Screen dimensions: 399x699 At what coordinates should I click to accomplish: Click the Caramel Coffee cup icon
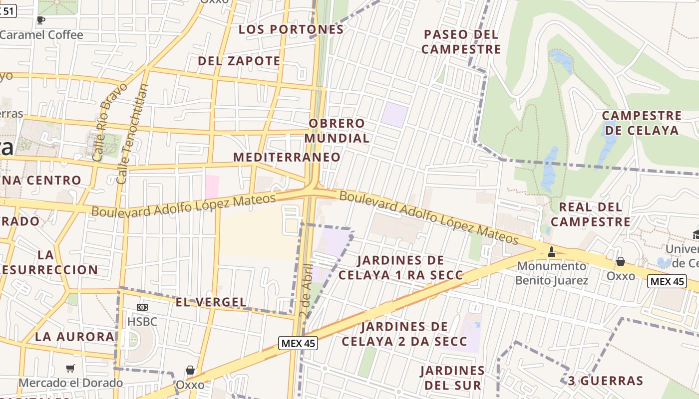coord(41,20)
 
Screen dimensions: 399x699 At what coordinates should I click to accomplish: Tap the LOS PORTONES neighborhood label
coord(291,29)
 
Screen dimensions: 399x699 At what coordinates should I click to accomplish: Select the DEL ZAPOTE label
coord(239,61)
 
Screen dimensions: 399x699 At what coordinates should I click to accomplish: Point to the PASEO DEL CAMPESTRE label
coord(461,42)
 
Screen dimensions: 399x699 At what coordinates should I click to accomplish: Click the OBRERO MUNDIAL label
coord(337,131)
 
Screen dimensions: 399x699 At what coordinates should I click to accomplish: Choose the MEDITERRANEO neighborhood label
coord(287,157)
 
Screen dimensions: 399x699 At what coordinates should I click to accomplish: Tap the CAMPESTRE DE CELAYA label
coord(642,123)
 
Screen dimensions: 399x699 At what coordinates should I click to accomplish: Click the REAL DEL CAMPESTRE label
coord(590,214)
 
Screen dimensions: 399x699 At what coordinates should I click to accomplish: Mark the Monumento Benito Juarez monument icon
coord(552,252)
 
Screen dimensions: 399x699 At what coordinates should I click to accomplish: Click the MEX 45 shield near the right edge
coord(667,281)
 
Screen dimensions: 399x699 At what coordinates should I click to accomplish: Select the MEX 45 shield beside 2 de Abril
coord(298,343)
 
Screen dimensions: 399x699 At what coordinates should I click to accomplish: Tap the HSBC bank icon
coord(142,307)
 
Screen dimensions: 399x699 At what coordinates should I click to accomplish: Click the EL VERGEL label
coord(211,302)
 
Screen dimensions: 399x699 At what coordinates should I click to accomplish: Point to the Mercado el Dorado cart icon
coord(70,369)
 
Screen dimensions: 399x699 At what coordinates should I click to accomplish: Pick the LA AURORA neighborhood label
coord(74,337)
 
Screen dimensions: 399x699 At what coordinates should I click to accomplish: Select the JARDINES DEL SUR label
coord(452,378)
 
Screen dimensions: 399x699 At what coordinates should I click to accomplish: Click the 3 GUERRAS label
coord(606,381)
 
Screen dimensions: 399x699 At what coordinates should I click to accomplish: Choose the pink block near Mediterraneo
coord(212,187)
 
